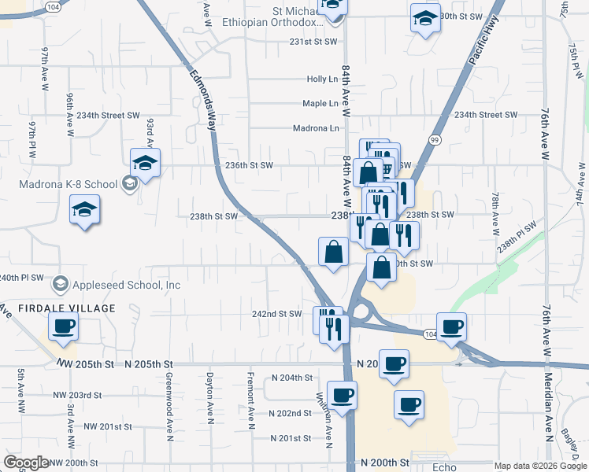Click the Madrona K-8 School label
pos(67,184)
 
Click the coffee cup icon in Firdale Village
pos(63,327)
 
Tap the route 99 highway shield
pos(435,139)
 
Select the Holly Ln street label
pos(322,79)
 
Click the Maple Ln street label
pos(320,104)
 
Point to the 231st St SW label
pos(313,42)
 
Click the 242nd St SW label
pos(276,314)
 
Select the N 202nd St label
pos(291,413)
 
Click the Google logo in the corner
pos(27,463)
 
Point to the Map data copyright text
pos(540,466)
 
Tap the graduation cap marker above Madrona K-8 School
pos(146,163)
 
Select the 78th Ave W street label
pos(495,212)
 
